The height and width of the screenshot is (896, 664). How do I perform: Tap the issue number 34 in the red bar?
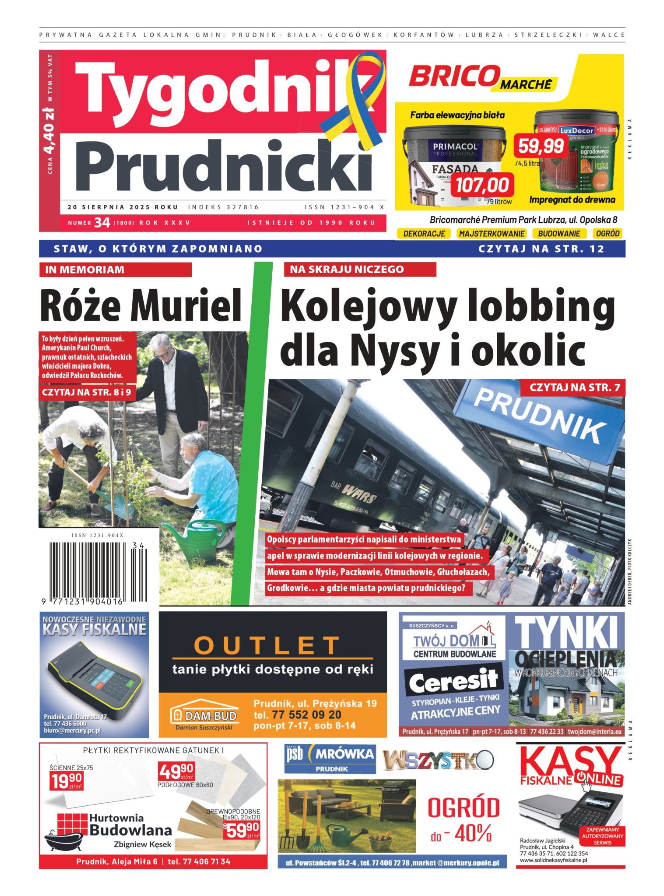point(102,223)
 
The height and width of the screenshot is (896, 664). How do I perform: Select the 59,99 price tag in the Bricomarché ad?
point(541,146)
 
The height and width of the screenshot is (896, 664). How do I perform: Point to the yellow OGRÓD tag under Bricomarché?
point(608,234)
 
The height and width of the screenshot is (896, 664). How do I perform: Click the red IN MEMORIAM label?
point(116,269)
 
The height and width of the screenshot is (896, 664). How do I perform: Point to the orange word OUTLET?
point(267,645)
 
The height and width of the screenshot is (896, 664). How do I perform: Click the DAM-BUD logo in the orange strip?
point(205,716)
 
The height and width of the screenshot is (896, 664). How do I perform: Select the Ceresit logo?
point(453,681)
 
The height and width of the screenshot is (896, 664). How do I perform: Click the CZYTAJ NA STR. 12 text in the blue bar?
point(541,249)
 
